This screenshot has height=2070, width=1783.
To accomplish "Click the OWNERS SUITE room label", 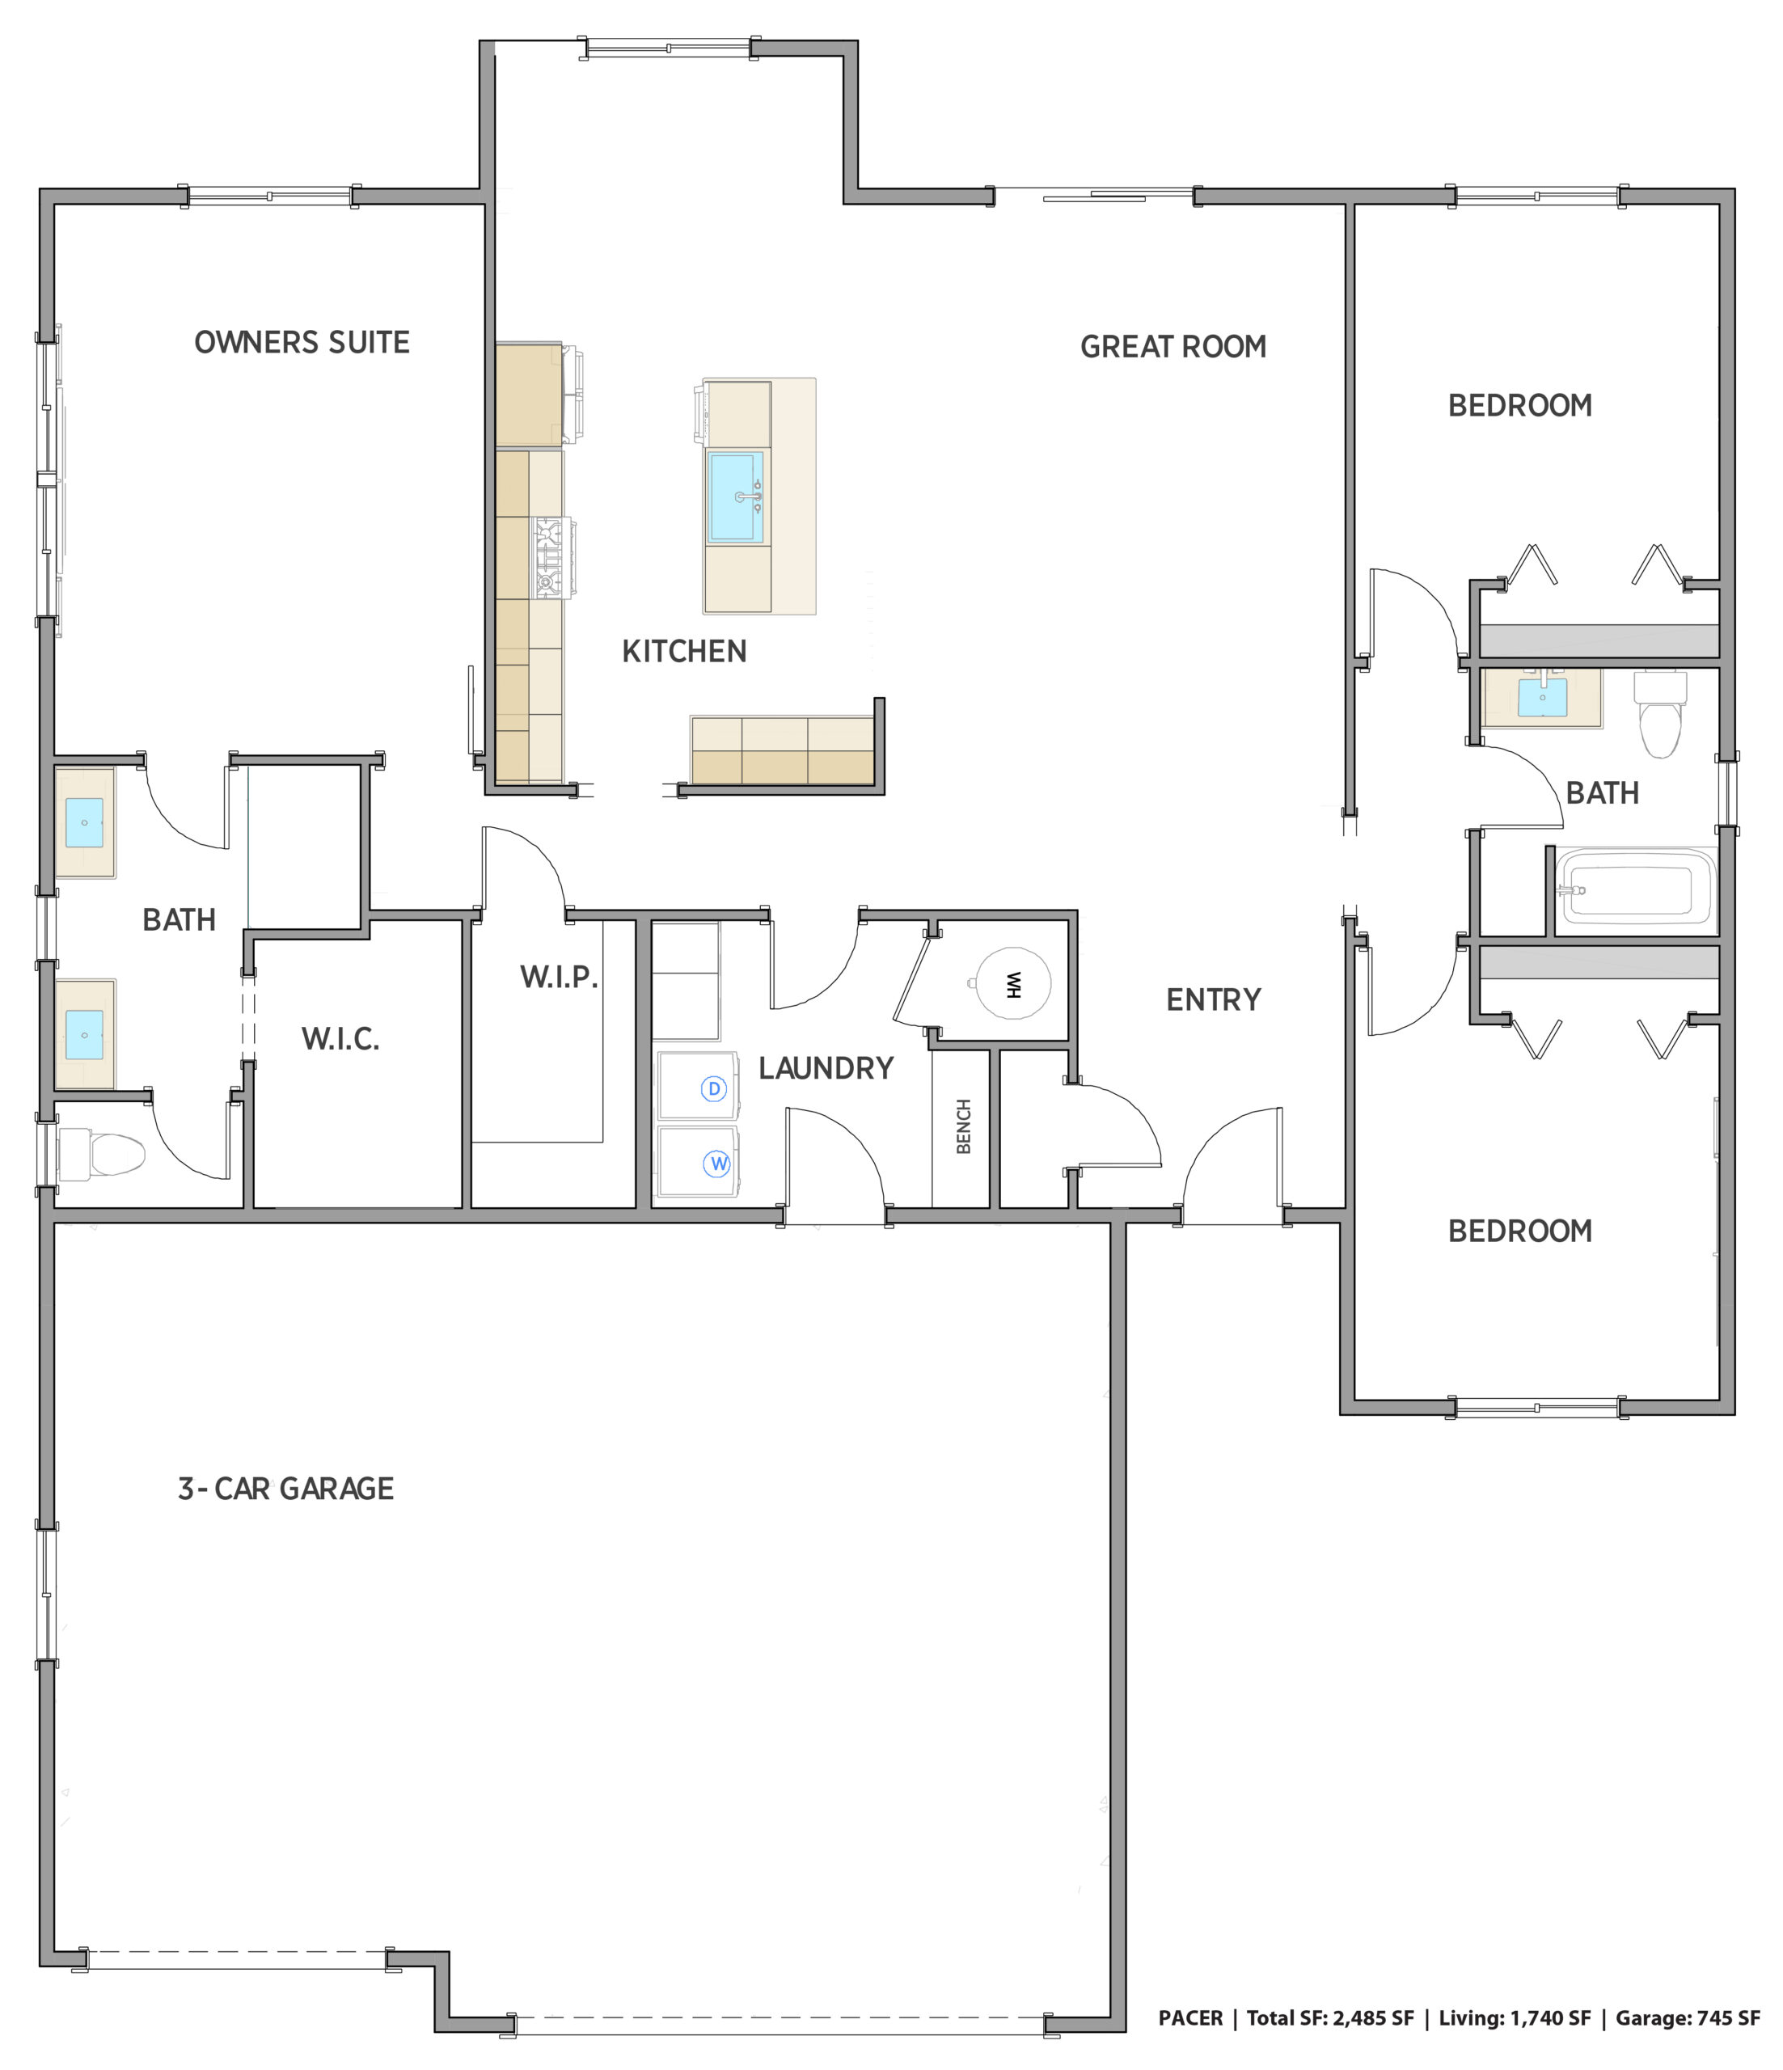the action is [302, 343].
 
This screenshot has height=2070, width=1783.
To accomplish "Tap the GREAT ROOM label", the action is [1172, 347].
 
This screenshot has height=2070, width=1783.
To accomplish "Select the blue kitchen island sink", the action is [735, 496].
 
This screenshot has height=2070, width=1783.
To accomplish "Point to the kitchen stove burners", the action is [548, 557].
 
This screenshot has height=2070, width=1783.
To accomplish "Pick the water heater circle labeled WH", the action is [1013, 984].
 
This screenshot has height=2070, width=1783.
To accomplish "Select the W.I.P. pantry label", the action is [559, 977].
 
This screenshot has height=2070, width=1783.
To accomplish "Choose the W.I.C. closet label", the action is [340, 1039].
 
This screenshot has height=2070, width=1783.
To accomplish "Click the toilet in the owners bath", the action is [102, 1154].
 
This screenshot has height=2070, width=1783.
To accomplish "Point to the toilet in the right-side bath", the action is [1659, 713].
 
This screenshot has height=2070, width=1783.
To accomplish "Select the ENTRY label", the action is [1214, 1000].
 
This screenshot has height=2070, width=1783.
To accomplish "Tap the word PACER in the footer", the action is [1189, 2018].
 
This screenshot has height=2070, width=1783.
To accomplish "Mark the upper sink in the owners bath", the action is [84, 822].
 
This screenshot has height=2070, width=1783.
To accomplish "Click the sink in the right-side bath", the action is [1542, 697].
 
